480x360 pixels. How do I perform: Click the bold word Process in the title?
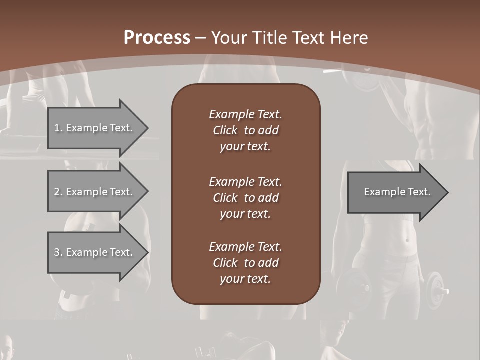tap(157, 38)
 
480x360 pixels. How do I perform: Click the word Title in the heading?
tap(270, 38)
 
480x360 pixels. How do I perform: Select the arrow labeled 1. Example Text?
tap(93, 128)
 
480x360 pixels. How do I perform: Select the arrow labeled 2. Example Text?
tap(93, 192)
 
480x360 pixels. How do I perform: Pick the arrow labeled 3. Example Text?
tap(93, 252)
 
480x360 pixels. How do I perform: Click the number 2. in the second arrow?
tap(58, 192)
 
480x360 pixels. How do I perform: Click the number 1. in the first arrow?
tap(58, 128)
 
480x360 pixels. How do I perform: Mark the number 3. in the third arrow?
tap(58, 252)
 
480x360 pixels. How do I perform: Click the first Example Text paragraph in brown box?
tap(245, 130)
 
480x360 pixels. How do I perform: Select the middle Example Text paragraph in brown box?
tap(245, 198)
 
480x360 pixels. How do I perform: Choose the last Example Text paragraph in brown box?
tap(245, 263)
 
